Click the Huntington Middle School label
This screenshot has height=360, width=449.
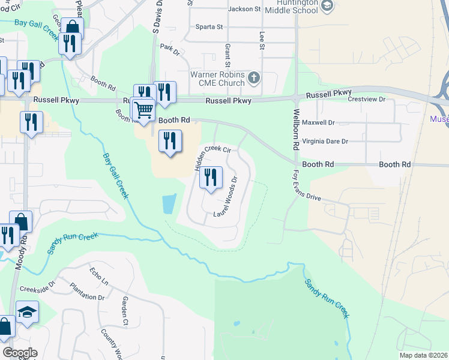[x=290, y=6]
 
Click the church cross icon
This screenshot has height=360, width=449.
[x=254, y=77]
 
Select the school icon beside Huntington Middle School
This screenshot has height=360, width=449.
[x=327, y=5]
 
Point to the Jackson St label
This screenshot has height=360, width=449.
[x=245, y=9]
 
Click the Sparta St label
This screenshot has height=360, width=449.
[x=209, y=27]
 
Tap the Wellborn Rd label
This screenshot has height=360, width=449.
[x=296, y=128]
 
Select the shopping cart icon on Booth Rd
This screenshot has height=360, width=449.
[x=143, y=110]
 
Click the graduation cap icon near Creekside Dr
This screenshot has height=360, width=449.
[x=27, y=312]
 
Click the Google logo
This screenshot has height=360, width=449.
[x=20, y=353]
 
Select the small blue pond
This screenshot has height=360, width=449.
[x=169, y=204]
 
